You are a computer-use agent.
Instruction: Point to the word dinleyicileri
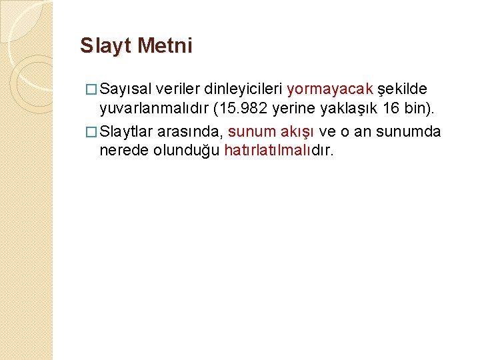243,89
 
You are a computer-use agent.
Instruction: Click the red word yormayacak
330,89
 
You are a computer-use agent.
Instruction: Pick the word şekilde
403,89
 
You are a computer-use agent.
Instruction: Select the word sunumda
408,131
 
